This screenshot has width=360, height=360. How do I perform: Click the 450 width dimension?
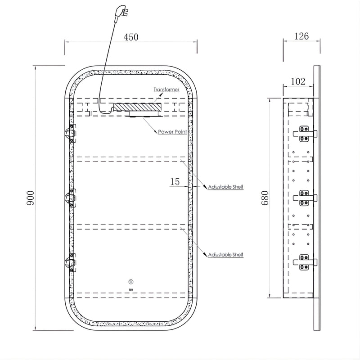click(x=131, y=37)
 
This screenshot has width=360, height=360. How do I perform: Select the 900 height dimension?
click(x=31, y=198)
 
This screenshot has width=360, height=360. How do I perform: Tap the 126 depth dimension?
click(x=301, y=36)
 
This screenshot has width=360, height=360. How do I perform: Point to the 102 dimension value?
click(x=298, y=81)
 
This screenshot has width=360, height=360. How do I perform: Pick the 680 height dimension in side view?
click(x=265, y=198)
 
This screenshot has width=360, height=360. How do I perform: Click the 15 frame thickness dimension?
click(x=175, y=182)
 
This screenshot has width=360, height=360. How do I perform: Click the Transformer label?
click(x=166, y=90)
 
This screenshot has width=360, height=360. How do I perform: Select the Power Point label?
click(x=172, y=132)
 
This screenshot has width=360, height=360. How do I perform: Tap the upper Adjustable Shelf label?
click(x=225, y=187)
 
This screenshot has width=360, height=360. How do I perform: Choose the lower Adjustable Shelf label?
click(x=225, y=255)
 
